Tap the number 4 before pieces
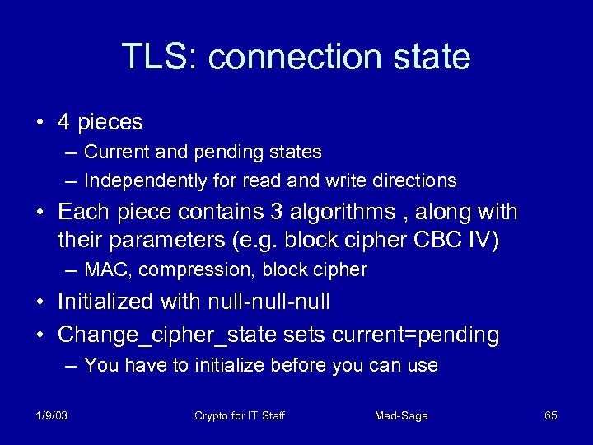[63, 123]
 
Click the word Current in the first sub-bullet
[113, 152]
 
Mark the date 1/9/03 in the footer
[52, 415]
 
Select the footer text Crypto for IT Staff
[240, 415]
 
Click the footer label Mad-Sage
[401, 415]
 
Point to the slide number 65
[551, 415]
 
